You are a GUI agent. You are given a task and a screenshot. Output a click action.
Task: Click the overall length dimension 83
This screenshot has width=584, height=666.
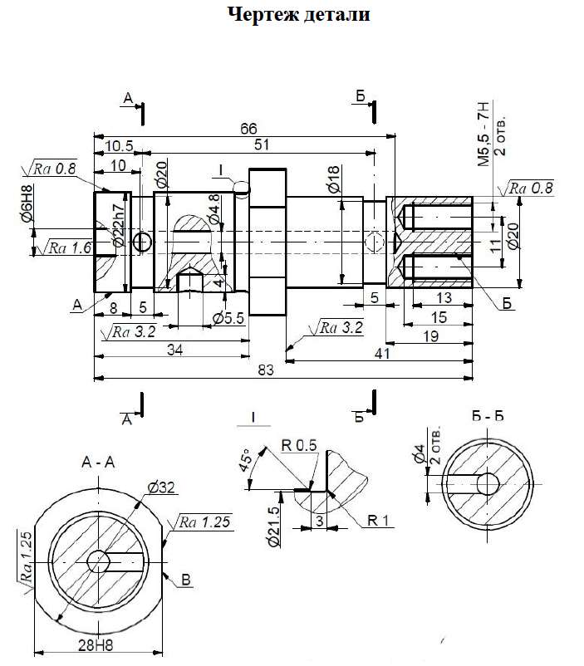[265, 370]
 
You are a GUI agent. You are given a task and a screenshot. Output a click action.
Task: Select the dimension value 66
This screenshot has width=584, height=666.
[248, 128]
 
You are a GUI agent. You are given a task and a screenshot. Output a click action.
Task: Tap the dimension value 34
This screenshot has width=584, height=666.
[174, 349]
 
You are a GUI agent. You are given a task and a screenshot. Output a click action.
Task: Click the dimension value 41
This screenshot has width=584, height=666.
[381, 353]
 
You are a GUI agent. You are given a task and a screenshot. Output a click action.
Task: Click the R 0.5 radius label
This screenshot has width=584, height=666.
[299, 445]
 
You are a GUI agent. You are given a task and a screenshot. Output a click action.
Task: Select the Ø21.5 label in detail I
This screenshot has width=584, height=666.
[273, 527]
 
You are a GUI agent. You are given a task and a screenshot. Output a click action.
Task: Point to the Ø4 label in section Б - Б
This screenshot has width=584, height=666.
[420, 453]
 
